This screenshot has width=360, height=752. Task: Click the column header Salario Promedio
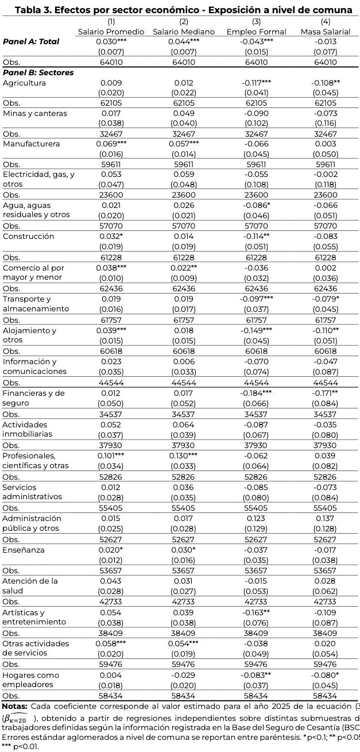pyautogui.click(x=111, y=32)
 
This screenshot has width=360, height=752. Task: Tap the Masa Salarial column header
pyautogui.click(x=326, y=32)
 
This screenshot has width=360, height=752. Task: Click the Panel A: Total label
pyautogui.click(x=31, y=41)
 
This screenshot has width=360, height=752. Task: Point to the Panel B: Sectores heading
pyautogui.click(x=38, y=72)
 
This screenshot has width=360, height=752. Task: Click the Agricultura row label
pyautogui.click(x=24, y=83)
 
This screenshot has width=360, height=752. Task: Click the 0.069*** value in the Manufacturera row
pyautogui.click(x=111, y=144)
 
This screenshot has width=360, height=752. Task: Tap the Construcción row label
pyautogui.click(x=29, y=236)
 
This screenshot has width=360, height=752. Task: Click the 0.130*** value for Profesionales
pyautogui.click(x=184, y=456)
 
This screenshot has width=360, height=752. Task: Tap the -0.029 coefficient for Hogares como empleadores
pyautogui.click(x=184, y=675)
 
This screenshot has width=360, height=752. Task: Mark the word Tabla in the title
pyautogui.click(x=29, y=10)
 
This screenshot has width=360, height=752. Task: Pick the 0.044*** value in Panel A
pyautogui.click(x=184, y=41)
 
